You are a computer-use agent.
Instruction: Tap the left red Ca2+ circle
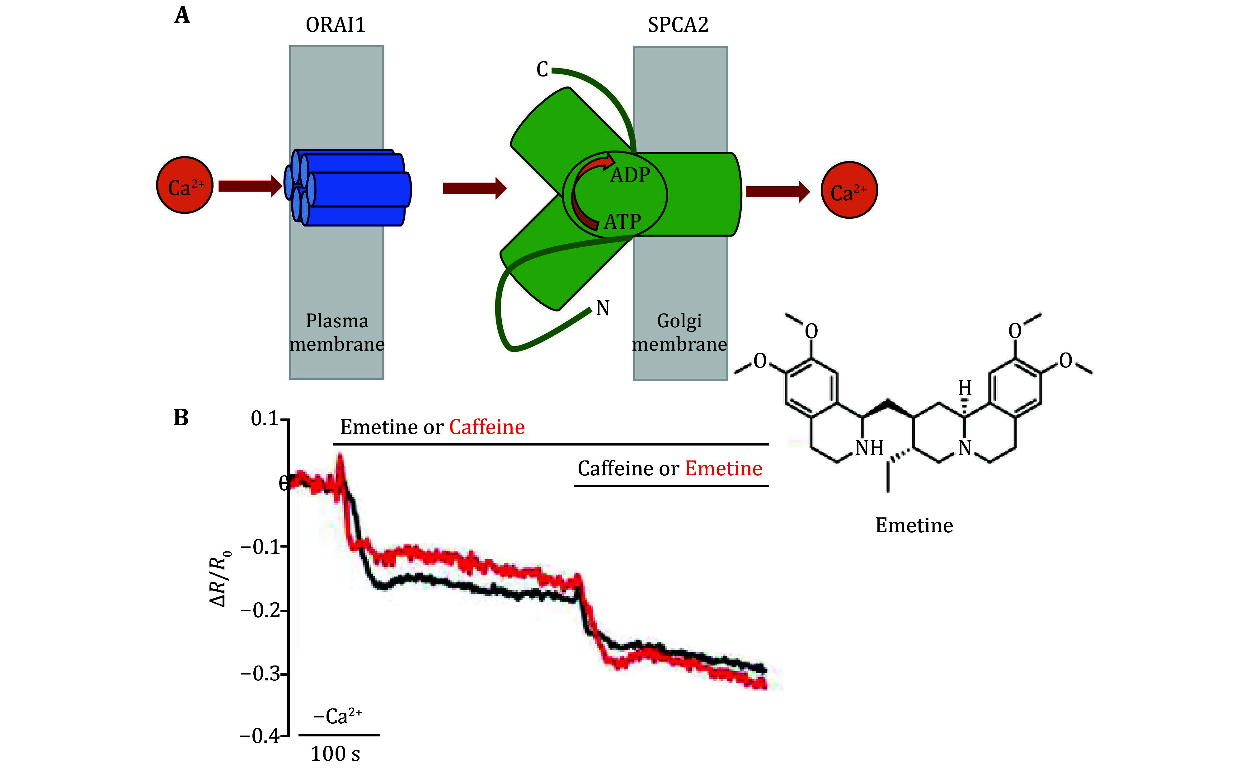(185, 185)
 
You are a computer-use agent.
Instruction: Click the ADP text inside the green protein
(630, 175)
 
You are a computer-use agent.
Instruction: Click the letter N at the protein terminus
(603, 308)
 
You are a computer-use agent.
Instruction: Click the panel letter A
(182, 15)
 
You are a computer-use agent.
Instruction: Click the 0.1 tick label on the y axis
(264, 419)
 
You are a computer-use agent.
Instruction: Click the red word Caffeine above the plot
(486, 427)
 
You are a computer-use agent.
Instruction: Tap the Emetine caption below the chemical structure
(914, 525)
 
